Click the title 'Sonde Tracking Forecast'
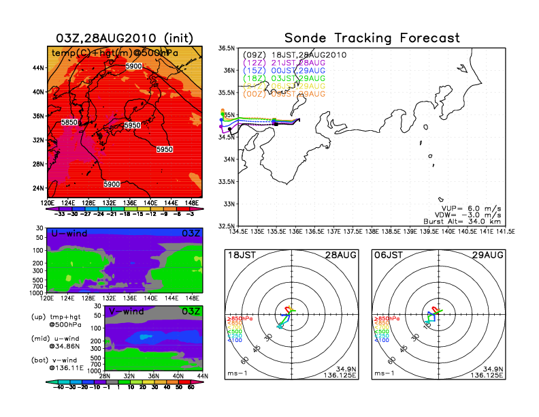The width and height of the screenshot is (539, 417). tap(372, 37)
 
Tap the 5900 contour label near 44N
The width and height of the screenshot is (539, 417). tap(133, 66)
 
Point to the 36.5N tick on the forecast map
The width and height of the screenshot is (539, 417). tap(226, 48)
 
